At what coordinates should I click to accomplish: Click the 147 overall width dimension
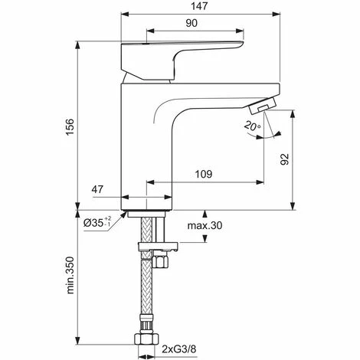[x=201, y=7]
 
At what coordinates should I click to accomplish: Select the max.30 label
[x=205, y=226]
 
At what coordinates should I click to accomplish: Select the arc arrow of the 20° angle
[x=264, y=136]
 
